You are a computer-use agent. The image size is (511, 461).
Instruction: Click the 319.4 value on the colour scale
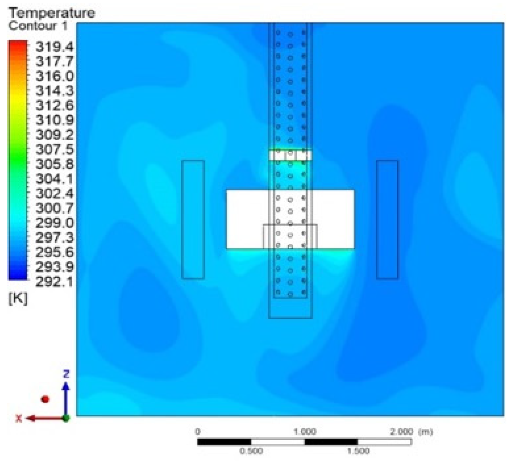[x=55, y=47]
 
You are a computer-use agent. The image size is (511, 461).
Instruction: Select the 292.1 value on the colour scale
[x=55, y=282]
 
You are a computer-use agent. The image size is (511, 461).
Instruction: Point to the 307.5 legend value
[x=55, y=149]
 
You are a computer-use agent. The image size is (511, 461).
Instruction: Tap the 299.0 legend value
[x=55, y=223]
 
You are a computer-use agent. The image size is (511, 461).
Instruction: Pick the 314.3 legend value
[x=55, y=91]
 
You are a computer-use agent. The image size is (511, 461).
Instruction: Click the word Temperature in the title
[x=52, y=13]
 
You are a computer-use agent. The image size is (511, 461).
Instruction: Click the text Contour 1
[x=38, y=26]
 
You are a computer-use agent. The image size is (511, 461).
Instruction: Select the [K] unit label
[x=18, y=298]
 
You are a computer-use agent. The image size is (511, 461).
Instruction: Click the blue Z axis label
[x=66, y=374]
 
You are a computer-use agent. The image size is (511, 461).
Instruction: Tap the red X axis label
[x=19, y=419]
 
